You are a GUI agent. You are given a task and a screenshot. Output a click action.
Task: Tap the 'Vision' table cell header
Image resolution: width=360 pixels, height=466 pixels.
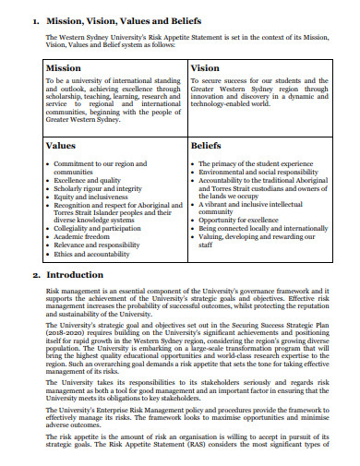click(205, 68)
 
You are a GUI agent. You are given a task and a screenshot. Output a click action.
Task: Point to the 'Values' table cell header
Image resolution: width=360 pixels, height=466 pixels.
click(60, 146)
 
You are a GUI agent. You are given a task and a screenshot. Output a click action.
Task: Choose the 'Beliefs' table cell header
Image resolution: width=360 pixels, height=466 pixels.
click(206, 146)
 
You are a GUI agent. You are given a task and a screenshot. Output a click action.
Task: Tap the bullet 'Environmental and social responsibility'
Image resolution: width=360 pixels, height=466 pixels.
click(258, 172)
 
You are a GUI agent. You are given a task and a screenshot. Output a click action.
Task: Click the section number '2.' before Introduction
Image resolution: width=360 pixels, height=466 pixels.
click(35, 275)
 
